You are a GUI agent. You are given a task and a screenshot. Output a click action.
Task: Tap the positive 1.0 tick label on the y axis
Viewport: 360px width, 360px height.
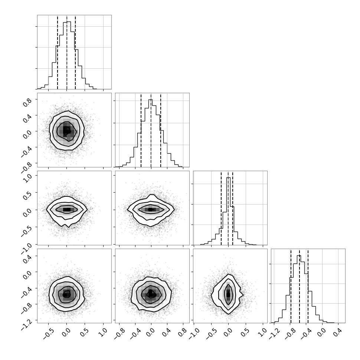27,178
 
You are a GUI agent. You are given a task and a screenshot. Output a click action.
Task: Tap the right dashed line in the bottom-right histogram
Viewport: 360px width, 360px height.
308,286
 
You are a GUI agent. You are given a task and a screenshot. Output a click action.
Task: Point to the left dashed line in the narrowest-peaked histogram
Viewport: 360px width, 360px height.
221,209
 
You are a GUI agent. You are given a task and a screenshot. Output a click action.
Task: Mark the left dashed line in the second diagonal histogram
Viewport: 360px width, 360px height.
141,131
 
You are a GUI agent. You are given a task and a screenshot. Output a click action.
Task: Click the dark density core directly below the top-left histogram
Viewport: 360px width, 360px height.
66,131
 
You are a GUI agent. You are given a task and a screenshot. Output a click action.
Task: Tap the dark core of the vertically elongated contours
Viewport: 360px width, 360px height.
228,294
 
